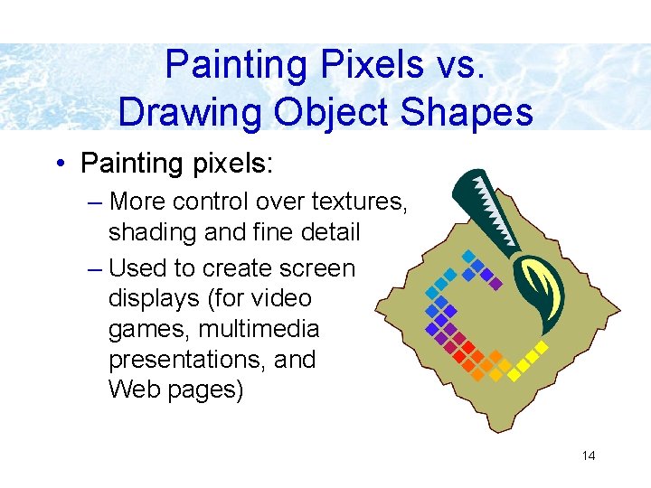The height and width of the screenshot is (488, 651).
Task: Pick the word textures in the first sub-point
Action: tap(354, 202)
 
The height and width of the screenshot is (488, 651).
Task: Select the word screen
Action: tap(315, 268)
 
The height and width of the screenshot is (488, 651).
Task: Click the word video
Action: tap(278, 298)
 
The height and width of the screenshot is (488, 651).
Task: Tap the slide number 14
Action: tap(589, 455)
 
